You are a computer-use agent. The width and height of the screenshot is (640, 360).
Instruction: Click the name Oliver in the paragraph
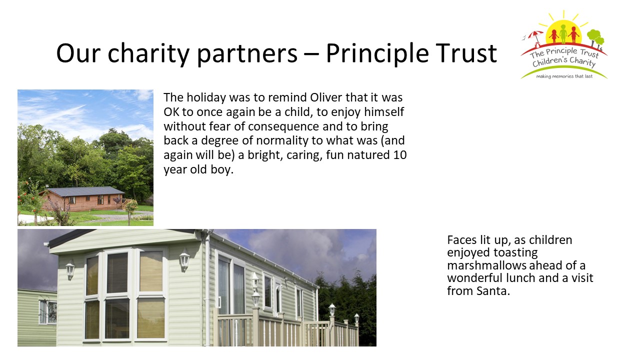click(x=326, y=97)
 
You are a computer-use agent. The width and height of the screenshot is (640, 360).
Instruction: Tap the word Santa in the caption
click(x=493, y=291)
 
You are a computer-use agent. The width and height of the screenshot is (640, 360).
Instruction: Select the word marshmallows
click(x=486, y=265)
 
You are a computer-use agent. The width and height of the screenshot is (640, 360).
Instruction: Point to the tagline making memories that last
click(x=564, y=76)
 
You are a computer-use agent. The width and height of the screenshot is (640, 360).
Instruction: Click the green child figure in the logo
click(x=563, y=33)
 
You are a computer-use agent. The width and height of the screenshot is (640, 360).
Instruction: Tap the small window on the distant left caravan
click(x=48, y=311)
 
